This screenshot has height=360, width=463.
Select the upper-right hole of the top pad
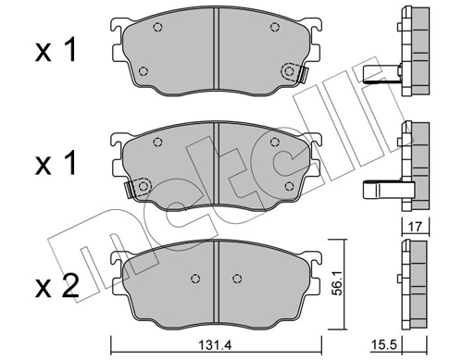tap(273, 27)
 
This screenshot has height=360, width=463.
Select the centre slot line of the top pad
tap(215, 51)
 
